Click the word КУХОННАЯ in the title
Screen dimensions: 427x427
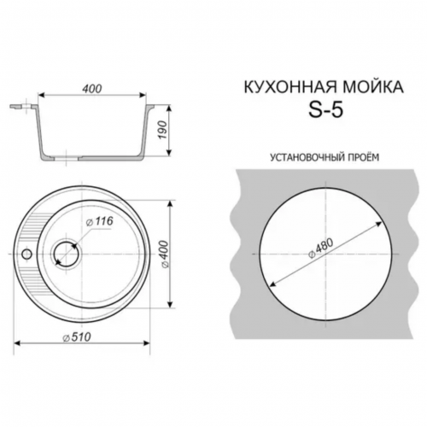pos(290,87)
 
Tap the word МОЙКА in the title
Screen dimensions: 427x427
pos(372,87)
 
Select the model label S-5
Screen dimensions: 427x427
pos(326,110)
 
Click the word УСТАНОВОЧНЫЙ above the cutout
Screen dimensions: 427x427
pos(307,157)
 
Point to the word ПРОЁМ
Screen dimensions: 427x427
pos(364,157)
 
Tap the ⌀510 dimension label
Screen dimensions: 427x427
pos(77,337)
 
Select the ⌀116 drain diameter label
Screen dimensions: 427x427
pos(100,221)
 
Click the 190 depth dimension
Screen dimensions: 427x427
pos(162,130)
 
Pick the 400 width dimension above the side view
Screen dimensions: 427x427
pos(92,89)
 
